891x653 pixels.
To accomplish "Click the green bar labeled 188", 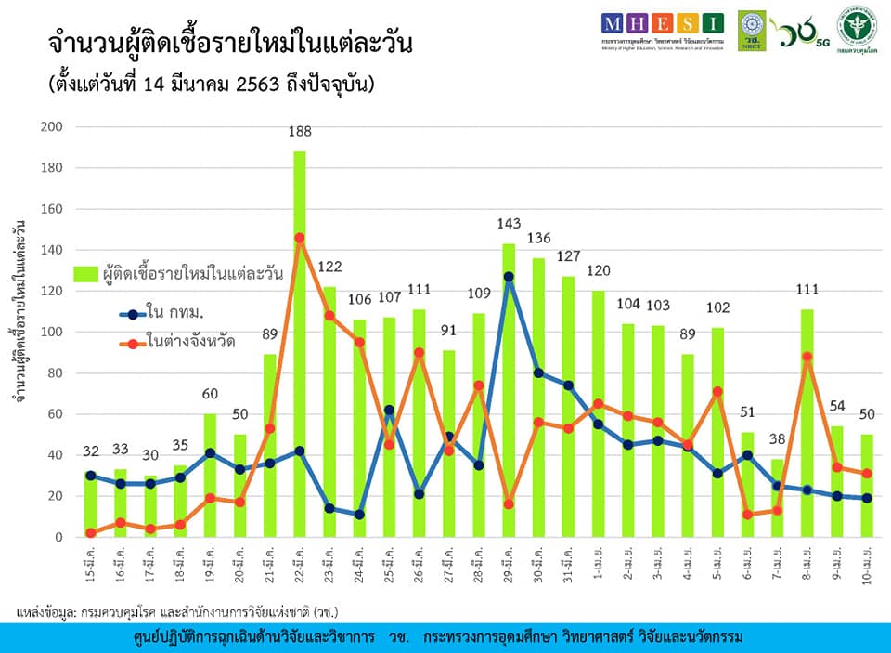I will tap(299, 344).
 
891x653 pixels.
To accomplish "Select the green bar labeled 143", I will tap(509, 390).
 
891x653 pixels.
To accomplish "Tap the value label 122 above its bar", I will tap(329, 267).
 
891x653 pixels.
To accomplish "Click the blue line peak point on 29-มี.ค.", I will tap(509, 277).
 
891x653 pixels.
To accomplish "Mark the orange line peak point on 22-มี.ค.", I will tap(299, 238).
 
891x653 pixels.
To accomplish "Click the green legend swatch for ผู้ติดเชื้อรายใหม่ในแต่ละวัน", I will tap(85, 274).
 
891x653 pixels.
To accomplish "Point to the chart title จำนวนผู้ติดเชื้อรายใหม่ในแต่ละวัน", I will tap(229, 46).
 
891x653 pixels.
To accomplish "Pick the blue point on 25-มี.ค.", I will tap(389, 410).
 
